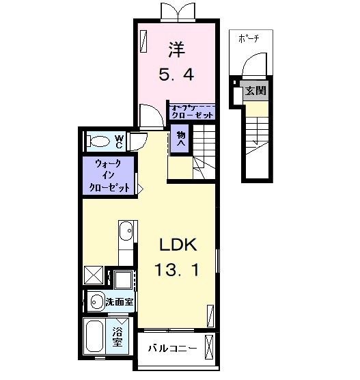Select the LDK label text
[178, 245]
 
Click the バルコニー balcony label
[173, 349]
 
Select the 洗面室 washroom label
[118, 301]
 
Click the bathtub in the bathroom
[97, 337]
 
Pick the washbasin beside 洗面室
[95, 301]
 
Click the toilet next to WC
[100, 141]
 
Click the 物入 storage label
[181, 139]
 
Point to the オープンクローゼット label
[193, 111]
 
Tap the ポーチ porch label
[249, 38]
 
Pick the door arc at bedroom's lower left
[150, 114]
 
